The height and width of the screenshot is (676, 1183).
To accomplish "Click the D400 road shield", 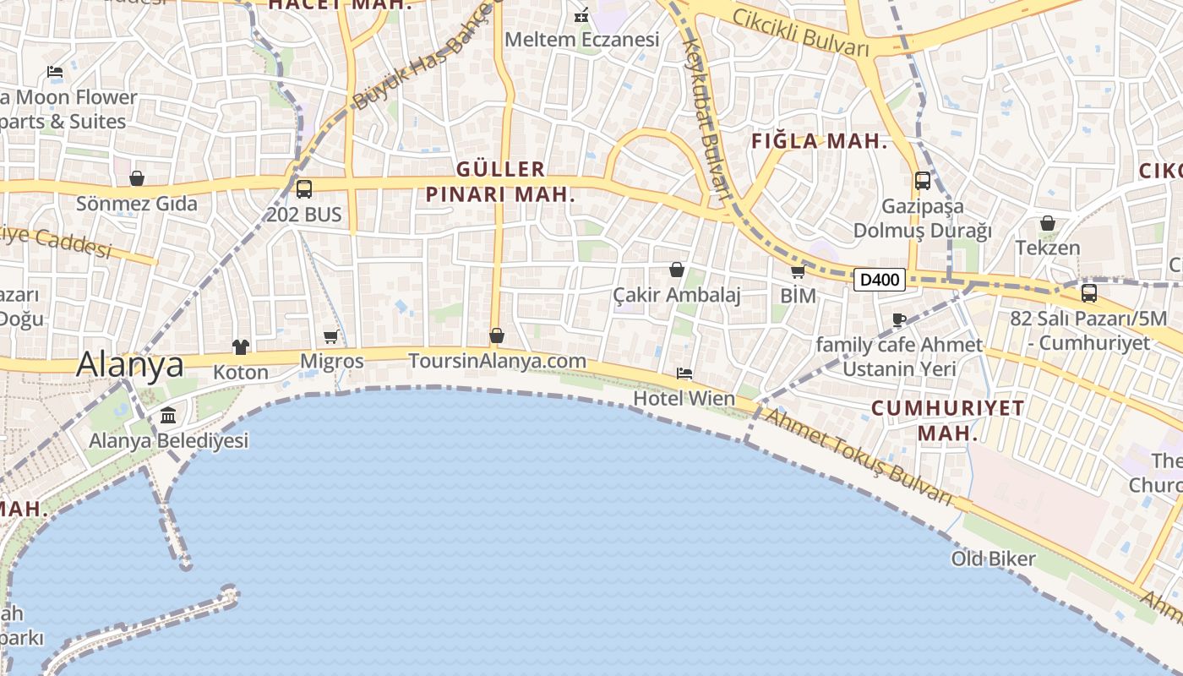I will pyautogui.click(x=879, y=280).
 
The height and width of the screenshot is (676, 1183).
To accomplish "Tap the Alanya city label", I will pyautogui.click(x=130, y=364).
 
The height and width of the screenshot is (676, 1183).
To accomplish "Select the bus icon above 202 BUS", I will pyautogui.click(x=304, y=189).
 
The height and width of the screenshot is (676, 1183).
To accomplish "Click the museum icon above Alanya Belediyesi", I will pyautogui.click(x=168, y=416).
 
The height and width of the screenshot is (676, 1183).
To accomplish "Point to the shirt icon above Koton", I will pyautogui.click(x=241, y=346).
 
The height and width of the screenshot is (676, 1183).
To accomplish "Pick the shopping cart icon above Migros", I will pyautogui.click(x=331, y=337).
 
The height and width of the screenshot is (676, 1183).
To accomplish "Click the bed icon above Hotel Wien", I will pyautogui.click(x=684, y=373).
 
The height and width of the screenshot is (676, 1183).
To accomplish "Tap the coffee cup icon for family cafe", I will pyautogui.click(x=899, y=319).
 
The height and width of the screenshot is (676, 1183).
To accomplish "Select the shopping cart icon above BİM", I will pyautogui.click(x=798, y=272).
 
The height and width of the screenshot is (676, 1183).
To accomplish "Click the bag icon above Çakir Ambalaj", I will pyautogui.click(x=677, y=270).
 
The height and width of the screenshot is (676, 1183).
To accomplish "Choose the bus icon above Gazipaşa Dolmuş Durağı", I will pyautogui.click(x=923, y=181).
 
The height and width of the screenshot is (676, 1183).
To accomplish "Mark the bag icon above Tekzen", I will pyautogui.click(x=1048, y=223).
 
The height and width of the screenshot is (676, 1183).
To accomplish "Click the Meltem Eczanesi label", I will pyautogui.click(x=581, y=40).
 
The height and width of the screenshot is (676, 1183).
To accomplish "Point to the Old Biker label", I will pyautogui.click(x=993, y=559).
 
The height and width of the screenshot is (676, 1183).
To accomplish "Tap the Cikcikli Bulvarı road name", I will pyautogui.click(x=800, y=32).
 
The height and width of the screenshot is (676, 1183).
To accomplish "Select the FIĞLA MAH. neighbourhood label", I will pyautogui.click(x=819, y=142).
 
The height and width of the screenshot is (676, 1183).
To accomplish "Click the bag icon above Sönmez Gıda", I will pyautogui.click(x=137, y=178).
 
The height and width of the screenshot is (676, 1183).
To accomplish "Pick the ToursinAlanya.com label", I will pyautogui.click(x=497, y=361).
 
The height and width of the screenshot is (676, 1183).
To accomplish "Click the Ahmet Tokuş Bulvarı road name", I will pyautogui.click(x=858, y=456).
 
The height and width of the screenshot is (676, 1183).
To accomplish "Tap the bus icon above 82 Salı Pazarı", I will pyautogui.click(x=1089, y=293).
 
